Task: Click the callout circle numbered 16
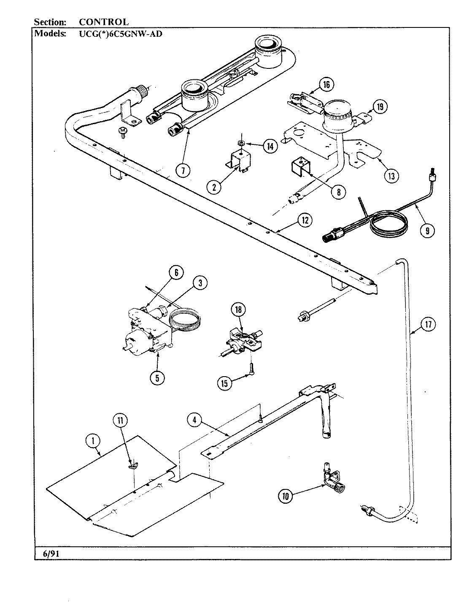coord(326,85)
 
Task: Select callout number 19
coord(380,107)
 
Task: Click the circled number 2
coord(214,186)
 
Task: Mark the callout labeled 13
coord(391,176)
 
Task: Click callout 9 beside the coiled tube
coord(427,230)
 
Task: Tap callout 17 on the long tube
coord(429,324)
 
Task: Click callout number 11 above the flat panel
coord(120,421)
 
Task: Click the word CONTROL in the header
coord(103,22)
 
